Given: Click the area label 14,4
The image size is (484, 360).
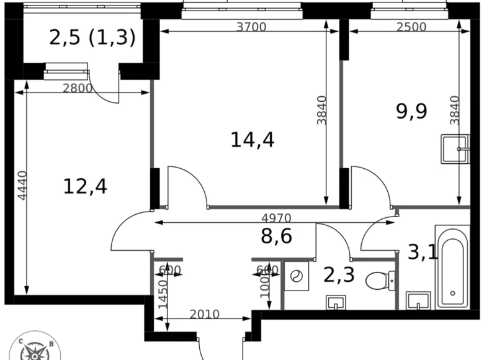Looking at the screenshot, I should pos(252,140).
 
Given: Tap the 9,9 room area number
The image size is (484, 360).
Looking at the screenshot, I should pos(411,112).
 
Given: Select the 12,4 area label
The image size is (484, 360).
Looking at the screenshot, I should pos(85,186).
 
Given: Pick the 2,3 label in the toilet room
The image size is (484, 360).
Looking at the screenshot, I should pos(339,274).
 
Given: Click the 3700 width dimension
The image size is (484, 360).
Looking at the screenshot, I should pos(251,27).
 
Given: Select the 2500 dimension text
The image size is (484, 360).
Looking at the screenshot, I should pos(411,27).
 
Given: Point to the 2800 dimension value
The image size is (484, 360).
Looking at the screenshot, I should pos(78,88).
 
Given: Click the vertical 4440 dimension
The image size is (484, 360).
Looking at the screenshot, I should pos(22,185).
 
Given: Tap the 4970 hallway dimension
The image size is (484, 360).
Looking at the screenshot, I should pos(276,218).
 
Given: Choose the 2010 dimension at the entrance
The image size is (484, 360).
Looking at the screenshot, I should pos(204,314).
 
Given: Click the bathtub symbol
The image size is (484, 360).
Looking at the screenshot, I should pos(452,268).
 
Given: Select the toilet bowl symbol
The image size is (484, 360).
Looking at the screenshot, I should pos(377,281).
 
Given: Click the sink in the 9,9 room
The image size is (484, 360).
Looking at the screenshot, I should pos(455,149).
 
